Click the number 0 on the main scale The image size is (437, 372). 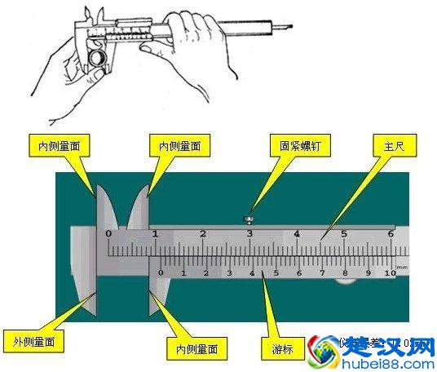point(108,234)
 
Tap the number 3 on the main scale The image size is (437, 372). point(249,234)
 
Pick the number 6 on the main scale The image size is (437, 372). point(391,234)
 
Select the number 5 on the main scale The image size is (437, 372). point(344,234)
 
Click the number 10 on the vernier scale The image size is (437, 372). point(389,273)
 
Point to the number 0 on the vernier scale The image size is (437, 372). point(161,272)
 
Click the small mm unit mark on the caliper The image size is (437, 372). point(401,266)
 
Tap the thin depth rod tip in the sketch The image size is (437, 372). point(285,31)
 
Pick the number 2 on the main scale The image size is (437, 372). point(203,234)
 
